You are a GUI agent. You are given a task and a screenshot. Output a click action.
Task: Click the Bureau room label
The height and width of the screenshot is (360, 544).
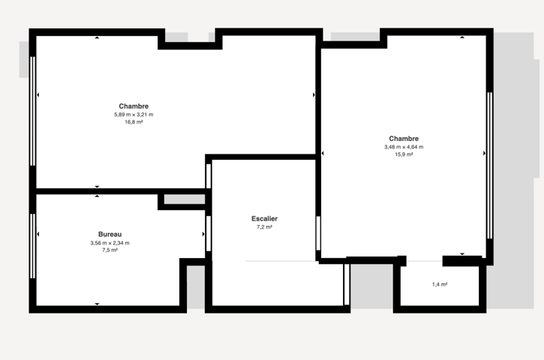pyautogui.click(x=110, y=235)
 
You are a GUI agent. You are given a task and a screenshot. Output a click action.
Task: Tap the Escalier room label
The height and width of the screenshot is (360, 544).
pyautogui.click(x=264, y=219)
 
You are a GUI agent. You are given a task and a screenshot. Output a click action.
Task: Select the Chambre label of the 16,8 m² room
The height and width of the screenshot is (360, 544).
pyautogui.click(x=134, y=106)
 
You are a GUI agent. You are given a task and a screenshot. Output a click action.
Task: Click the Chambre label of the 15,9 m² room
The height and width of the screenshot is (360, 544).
pyautogui.click(x=404, y=139)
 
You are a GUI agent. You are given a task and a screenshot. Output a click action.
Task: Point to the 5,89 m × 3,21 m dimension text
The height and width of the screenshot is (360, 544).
pyautogui.click(x=134, y=115)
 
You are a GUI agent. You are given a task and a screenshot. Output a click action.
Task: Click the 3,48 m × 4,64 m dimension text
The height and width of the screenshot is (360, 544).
pyautogui.click(x=404, y=147)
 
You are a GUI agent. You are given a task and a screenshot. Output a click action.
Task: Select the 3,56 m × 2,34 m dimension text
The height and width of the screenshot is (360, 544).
pyautogui.click(x=110, y=243)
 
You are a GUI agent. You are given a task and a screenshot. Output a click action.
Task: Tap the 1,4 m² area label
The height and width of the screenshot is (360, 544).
pyautogui.click(x=440, y=284)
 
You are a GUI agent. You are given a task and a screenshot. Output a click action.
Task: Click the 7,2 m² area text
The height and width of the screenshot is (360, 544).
pyautogui.click(x=264, y=227)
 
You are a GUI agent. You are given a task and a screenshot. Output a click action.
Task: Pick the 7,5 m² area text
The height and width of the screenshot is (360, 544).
pyautogui.click(x=110, y=250)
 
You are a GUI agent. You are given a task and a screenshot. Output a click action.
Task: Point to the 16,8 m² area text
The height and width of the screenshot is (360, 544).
pyautogui.click(x=134, y=122)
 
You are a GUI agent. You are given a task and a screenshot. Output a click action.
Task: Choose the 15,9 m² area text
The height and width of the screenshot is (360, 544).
pyautogui.click(x=404, y=154)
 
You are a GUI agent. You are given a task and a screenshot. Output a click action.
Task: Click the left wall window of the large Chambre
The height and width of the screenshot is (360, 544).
pyautogui.click(x=32, y=111)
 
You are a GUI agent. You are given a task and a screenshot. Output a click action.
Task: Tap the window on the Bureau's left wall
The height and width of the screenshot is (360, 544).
pyautogui.click(x=32, y=246)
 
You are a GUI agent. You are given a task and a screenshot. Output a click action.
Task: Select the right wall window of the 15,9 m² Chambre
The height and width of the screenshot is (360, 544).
pyautogui.click(x=489, y=166)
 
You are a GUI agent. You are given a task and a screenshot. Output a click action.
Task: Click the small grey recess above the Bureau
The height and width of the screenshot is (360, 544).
pyautogui.click(x=185, y=199)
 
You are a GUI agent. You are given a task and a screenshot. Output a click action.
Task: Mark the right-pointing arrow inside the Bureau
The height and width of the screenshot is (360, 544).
pyautogui.click(x=203, y=235)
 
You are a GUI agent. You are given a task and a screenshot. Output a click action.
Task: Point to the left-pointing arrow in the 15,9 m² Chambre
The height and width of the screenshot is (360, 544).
pyautogui.click(x=323, y=153)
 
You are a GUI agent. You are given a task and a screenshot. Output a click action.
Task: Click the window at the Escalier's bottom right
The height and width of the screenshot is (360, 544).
pyautogui.click(x=346, y=284)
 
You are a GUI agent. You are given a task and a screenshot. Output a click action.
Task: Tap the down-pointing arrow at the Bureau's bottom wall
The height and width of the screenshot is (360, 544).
pyautogui.click(x=97, y=304)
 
